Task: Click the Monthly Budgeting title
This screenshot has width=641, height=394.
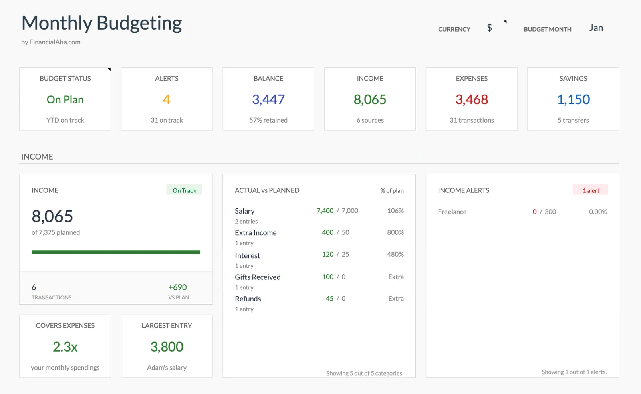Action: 102,23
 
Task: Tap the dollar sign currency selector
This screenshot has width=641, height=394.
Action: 489,28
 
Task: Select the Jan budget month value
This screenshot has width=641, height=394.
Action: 596,28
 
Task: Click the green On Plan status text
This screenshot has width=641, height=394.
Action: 65,99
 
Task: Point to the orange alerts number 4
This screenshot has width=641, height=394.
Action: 167,99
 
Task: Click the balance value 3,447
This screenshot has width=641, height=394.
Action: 268,99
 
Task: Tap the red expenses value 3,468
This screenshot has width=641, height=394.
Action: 472,99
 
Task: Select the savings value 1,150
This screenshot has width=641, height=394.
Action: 573,99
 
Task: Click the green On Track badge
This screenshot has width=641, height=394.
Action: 184,190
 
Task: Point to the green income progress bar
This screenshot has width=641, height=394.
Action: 116,252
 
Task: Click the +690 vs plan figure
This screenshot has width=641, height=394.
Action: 177,287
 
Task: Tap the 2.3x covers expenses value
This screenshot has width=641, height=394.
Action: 65,347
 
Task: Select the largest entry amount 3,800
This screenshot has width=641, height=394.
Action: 167,347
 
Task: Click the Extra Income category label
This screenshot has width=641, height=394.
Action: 256,233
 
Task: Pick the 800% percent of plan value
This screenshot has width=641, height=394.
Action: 395,232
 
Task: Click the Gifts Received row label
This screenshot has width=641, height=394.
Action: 258,277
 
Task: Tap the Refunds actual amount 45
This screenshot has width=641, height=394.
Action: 329,299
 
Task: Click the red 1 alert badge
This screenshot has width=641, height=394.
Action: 591,190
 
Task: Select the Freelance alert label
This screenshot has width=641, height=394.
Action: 452,212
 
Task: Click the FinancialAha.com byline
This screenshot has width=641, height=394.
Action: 51,42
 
